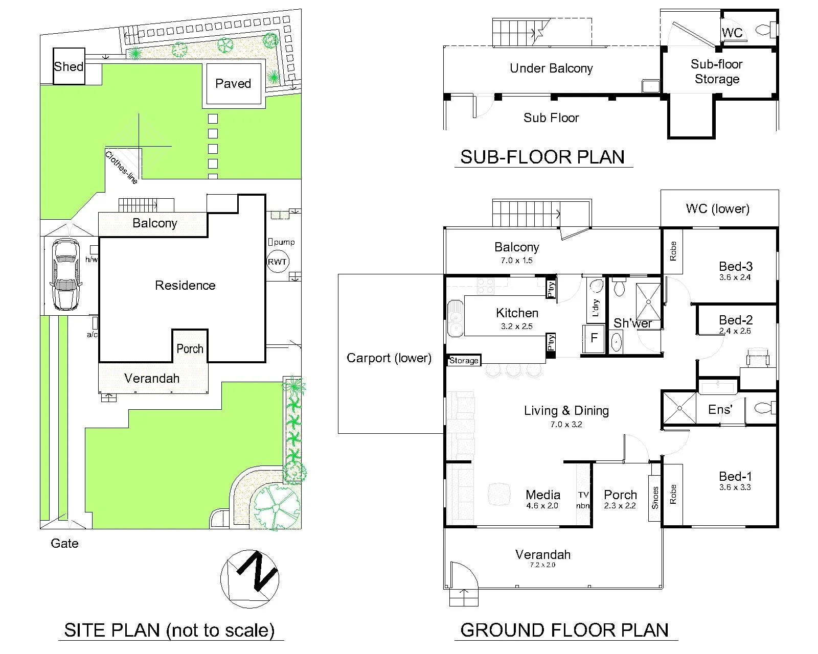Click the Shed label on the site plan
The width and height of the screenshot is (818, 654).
(69, 66)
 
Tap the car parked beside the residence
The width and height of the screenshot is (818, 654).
(66, 274)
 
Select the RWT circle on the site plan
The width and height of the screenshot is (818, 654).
(277, 262)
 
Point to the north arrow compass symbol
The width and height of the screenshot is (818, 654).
(249, 579)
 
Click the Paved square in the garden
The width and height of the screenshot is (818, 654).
(234, 84)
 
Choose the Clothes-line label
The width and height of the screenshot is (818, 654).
(121, 168)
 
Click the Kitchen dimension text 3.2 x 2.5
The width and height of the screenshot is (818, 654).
(516, 326)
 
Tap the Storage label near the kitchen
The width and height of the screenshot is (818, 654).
(464, 360)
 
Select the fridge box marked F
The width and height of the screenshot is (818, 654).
(594, 338)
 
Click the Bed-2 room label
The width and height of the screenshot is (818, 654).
(736, 320)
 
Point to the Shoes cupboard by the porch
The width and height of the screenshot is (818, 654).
(655, 498)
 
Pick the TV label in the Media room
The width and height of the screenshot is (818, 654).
(583, 495)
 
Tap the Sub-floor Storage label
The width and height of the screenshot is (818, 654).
(717, 72)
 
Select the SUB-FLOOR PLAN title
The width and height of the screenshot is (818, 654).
(542, 157)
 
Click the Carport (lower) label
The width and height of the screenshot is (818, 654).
(389, 358)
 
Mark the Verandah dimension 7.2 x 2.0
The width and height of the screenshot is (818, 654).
(542, 565)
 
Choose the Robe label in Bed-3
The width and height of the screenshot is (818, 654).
(673, 251)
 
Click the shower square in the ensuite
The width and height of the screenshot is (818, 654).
(679, 408)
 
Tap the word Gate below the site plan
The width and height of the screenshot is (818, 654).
(64, 544)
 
